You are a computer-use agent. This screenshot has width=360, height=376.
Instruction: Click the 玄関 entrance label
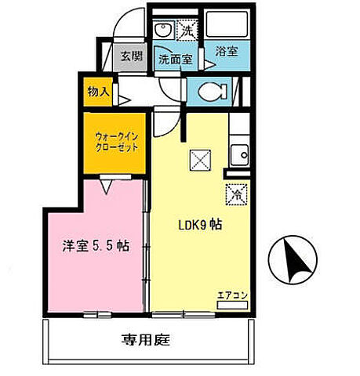tap(130, 57)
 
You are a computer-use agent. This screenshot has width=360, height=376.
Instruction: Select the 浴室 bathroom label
tap(227, 52)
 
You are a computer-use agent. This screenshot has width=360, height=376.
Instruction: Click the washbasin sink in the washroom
tap(163, 31)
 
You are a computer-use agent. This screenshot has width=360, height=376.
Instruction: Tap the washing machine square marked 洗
tap(187, 32)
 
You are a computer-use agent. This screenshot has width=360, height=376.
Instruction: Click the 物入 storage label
tap(98, 92)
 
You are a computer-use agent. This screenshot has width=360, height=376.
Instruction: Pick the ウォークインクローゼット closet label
tap(115, 142)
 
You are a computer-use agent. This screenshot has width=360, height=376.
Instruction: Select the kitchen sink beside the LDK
tap(238, 153)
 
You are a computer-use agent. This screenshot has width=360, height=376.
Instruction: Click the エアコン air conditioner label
tap(233, 295)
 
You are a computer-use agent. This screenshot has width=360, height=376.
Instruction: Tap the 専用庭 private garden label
tap(146, 340)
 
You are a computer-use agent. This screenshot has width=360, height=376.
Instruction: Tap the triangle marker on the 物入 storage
tap(124, 99)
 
